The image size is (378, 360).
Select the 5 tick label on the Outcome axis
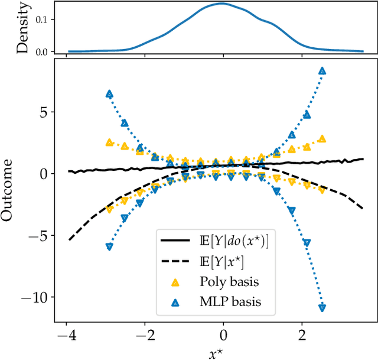pos(44,112)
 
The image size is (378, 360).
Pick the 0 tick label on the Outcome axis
pos(44,174)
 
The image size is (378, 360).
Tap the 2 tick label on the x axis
pos(302,335)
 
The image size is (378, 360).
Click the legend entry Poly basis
pos(230,281)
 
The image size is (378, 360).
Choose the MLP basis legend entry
pos(231,302)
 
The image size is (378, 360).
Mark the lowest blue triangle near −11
pos(322,307)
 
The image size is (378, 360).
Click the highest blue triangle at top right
pos(322,71)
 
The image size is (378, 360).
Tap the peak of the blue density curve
pos(221,4)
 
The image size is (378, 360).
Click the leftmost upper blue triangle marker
pos(109,94)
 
